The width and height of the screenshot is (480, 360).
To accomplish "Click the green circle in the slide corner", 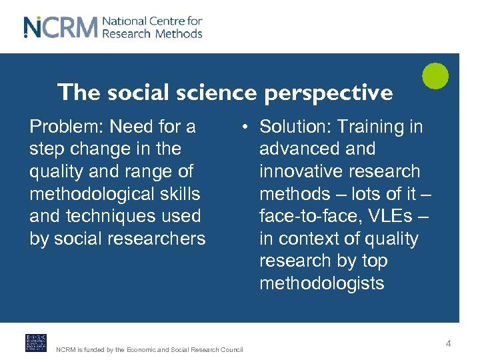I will click(x=435, y=75).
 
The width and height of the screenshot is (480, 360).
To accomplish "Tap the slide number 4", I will click(x=448, y=343).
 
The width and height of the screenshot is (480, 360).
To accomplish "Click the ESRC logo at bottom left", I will click(x=36, y=343).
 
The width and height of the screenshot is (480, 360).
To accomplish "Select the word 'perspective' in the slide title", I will click(x=328, y=93).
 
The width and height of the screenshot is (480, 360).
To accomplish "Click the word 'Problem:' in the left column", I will click(x=67, y=127).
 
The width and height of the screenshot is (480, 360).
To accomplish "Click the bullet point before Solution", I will click(x=246, y=127).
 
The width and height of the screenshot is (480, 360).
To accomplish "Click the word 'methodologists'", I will click(x=321, y=283).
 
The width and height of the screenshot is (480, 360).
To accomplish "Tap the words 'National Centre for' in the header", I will click(x=153, y=21).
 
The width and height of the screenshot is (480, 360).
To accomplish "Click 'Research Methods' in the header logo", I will click(x=152, y=33).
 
